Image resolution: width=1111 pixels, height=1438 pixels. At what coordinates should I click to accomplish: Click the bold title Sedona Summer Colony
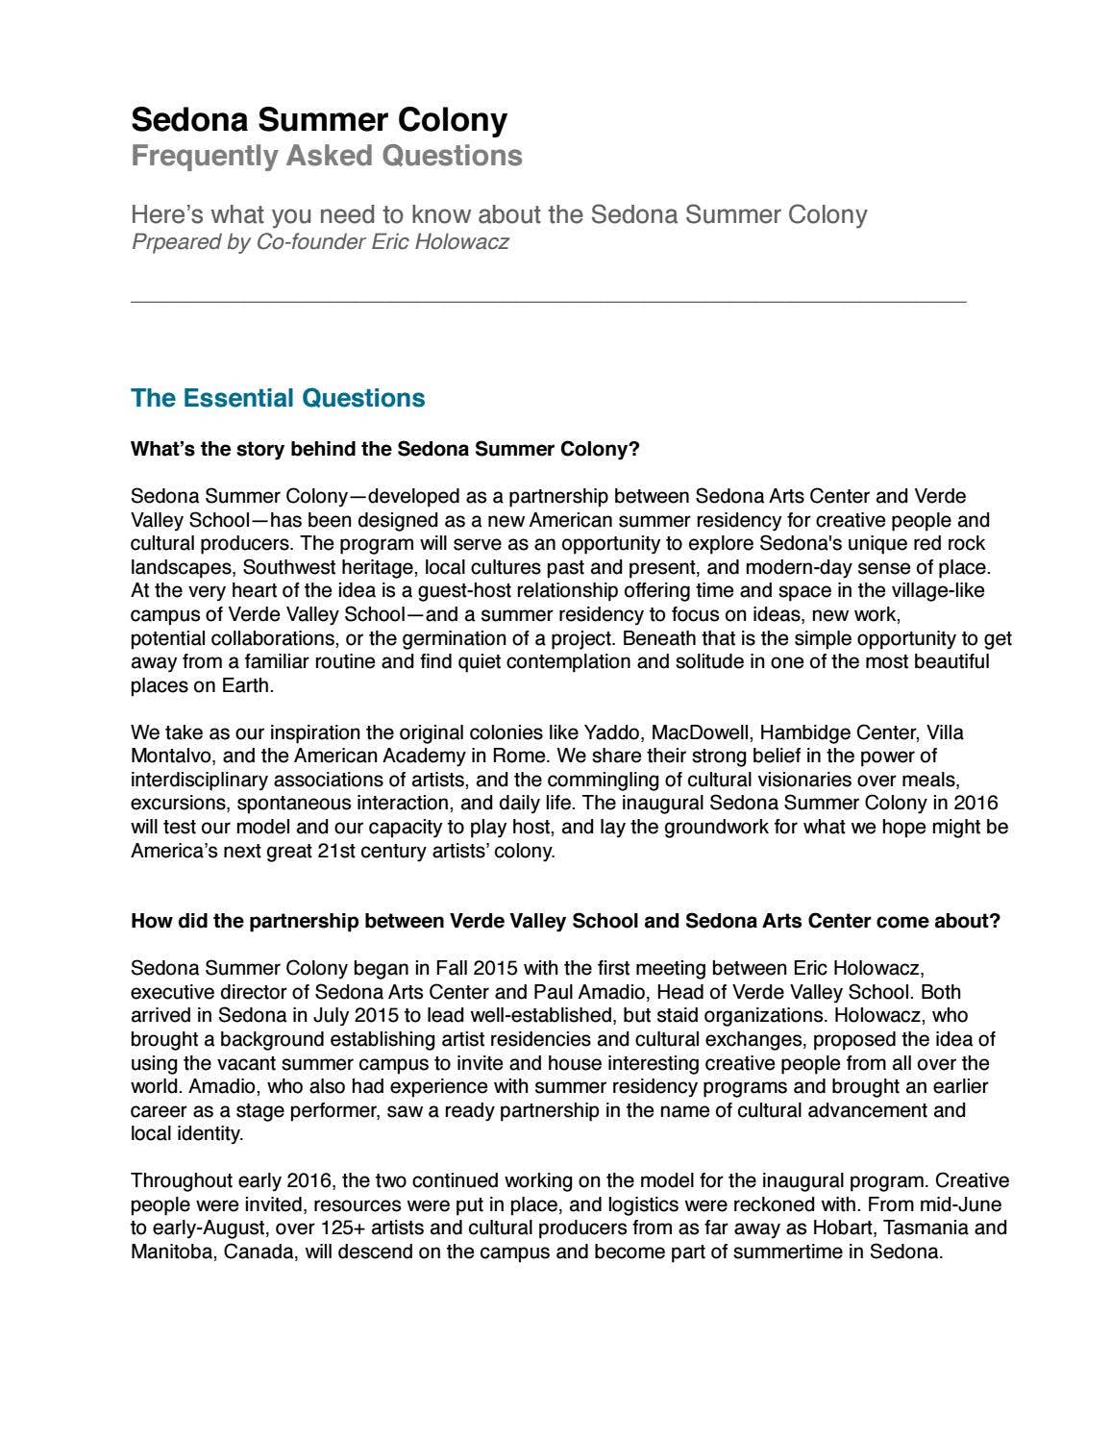(x=319, y=120)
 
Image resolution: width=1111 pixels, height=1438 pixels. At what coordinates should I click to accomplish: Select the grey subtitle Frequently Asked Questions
(x=327, y=156)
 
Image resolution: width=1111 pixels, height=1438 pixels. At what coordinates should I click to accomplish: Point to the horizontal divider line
(x=548, y=302)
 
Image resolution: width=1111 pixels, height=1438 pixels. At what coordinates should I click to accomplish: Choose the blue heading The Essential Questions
(x=278, y=398)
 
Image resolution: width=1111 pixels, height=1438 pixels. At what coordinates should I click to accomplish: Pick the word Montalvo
(x=168, y=756)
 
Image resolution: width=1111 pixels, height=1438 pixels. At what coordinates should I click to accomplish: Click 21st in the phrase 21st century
(x=337, y=851)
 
